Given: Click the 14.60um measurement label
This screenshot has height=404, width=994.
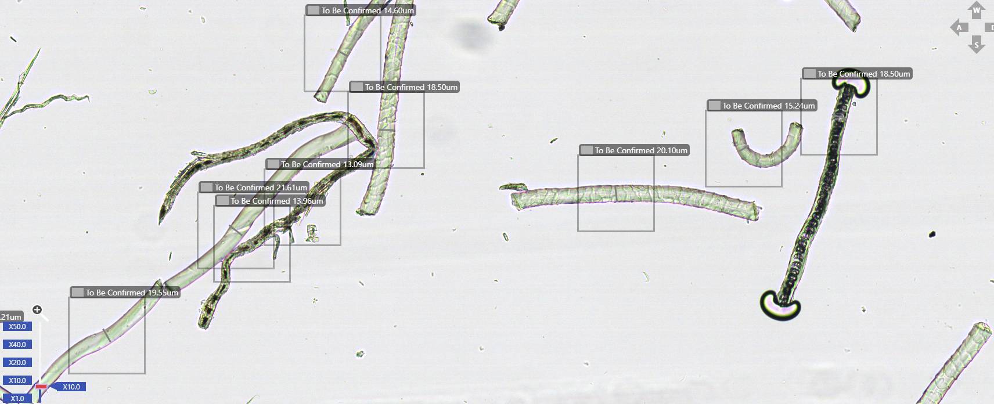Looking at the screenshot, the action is tap(361, 10).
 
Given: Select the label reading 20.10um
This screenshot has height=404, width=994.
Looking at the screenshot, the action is tap(634, 150).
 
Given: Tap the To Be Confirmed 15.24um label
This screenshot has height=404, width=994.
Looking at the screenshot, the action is tap(762, 106).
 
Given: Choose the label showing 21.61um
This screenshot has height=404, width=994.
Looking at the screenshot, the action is tap(254, 187).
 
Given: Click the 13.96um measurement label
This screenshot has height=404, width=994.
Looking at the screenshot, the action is tap(270, 201).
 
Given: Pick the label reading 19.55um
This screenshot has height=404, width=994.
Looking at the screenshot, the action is tap(125, 292).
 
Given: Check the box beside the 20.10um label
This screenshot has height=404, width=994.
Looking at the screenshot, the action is tap(587, 150).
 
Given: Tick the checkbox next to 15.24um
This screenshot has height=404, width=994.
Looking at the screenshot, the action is tap(714, 106).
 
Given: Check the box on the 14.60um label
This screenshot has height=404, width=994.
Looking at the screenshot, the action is tap(314, 10).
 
